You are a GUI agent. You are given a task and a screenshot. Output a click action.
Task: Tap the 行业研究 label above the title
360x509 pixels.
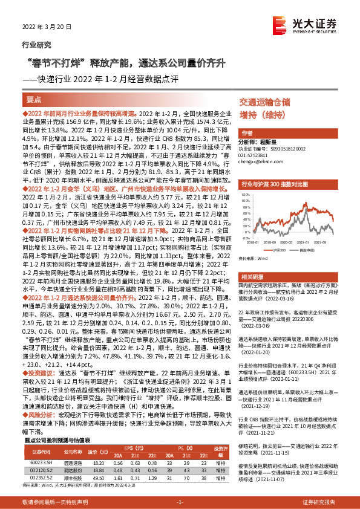36,45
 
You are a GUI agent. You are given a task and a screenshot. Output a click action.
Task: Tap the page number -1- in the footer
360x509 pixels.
179,502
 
